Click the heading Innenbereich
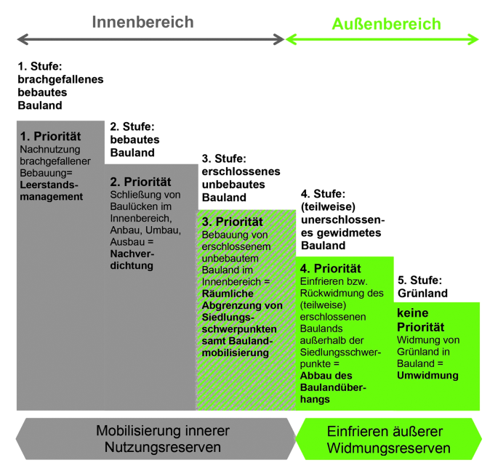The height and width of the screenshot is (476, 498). [x=142, y=22]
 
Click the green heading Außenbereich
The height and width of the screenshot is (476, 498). [x=386, y=24]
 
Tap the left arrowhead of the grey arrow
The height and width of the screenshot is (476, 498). [x=22, y=39]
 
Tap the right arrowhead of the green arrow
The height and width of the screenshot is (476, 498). [x=473, y=39]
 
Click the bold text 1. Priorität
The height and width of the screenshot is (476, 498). [x=50, y=136]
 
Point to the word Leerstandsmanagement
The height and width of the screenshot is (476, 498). [x=51, y=191]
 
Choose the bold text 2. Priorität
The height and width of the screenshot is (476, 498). [x=140, y=182]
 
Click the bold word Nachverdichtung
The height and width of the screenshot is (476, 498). [x=132, y=259]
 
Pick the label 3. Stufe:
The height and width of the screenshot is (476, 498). [x=225, y=158]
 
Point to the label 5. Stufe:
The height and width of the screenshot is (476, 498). [x=419, y=280]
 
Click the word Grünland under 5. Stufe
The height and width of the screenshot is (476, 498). [x=422, y=294]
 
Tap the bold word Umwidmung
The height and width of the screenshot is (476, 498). [x=427, y=376]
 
